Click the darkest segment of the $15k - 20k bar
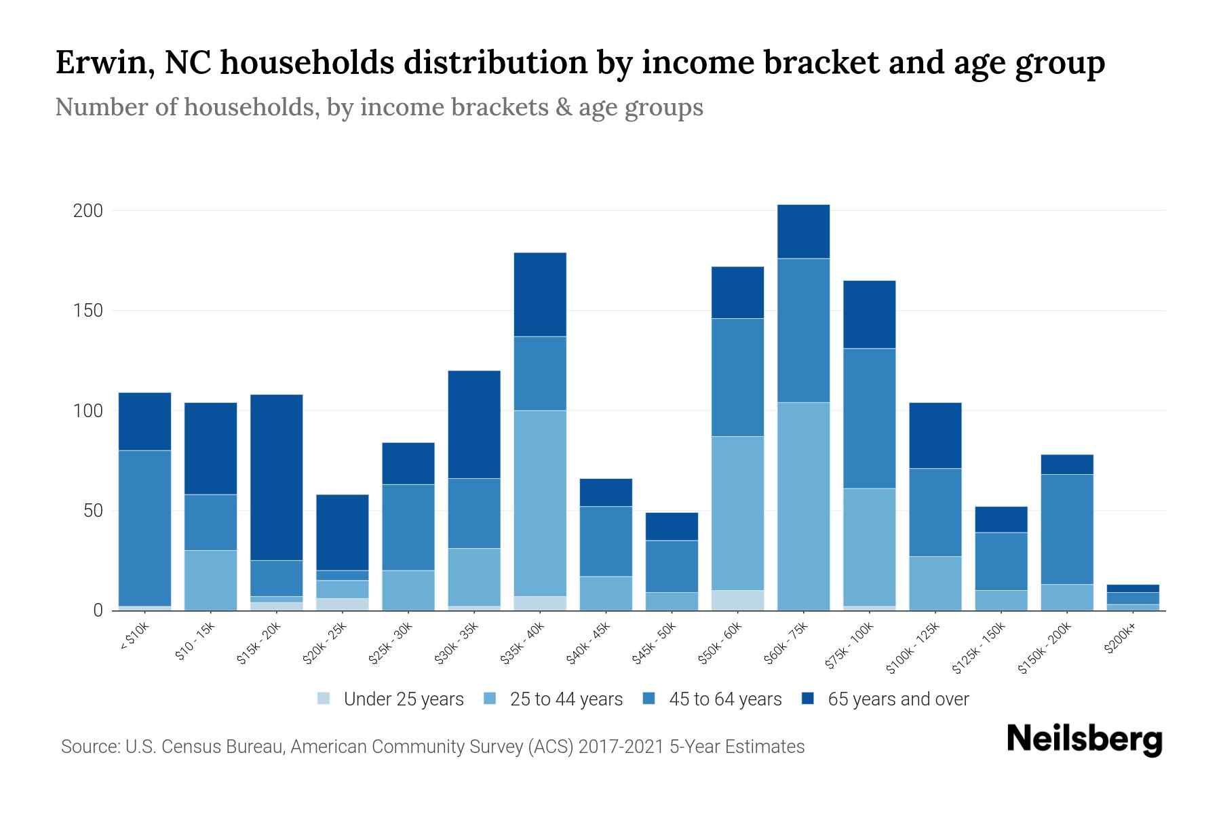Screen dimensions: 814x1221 coord(276,477)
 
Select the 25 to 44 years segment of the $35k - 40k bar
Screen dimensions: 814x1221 coord(540,503)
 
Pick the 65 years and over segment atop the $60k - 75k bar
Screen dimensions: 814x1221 coord(803,231)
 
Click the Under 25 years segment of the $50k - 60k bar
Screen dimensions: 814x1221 coord(737,600)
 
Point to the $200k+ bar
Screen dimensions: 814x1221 coord(1133,598)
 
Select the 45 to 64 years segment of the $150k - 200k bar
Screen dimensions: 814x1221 coord(1067,529)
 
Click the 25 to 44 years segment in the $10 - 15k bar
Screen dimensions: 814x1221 coord(210,580)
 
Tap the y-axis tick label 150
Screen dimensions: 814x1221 coord(88,311)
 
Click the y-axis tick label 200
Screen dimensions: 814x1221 coord(88,211)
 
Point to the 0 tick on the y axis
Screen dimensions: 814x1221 coord(98,610)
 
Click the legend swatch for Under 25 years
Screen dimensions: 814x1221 coord(324,699)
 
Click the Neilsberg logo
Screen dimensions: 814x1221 coord(1084,739)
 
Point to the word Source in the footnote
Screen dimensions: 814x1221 coord(89,747)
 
